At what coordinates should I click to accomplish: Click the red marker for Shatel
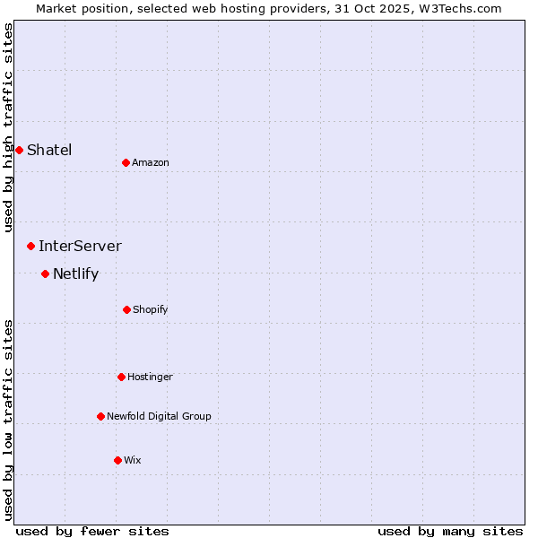[x=19, y=150]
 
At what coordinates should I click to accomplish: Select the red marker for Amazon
[x=126, y=162]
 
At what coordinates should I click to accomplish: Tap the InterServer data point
[x=30, y=246]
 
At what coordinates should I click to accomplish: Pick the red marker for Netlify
[x=45, y=273]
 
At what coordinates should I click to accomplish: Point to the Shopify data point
[x=126, y=309]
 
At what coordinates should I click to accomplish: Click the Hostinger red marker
[x=121, y=377]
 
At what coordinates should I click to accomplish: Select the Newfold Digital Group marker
[x=100, y=416]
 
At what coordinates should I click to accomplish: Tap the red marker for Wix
[x=117, y=460]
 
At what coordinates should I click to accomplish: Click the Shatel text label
[x=49, y=150]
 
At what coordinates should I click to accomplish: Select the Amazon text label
[x=151, y=162]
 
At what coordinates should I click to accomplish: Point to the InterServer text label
[x=80, y=246]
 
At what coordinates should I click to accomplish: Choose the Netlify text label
[x=75, y=273]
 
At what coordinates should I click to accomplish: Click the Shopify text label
[x=151, y=309]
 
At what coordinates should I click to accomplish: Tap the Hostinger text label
[x=150, y=377]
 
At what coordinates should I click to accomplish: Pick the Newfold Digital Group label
[x=159, y=416]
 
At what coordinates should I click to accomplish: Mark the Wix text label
[x=133, y=460]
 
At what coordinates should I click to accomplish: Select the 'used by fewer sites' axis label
[x=92, y=531]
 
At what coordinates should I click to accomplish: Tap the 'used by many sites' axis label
[x=450, y=531]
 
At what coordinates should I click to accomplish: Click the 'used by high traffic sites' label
[x=8, y=127]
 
